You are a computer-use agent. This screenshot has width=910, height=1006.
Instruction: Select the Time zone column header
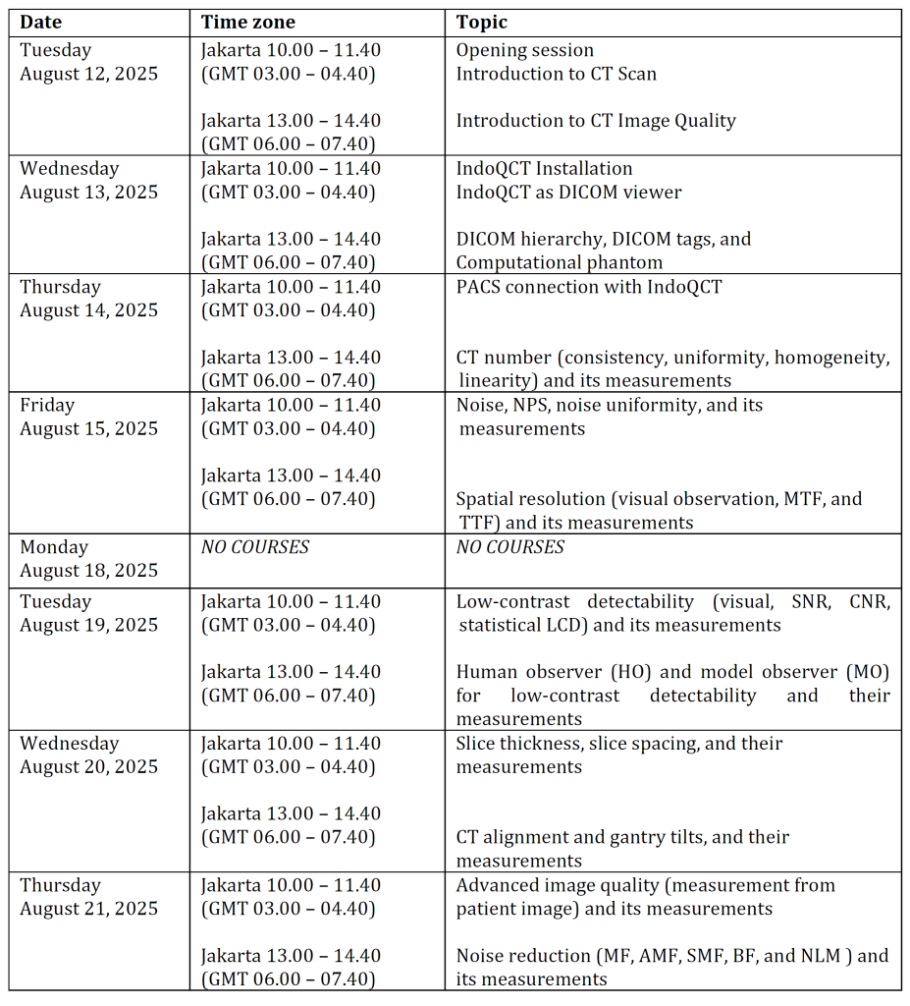point(247,23)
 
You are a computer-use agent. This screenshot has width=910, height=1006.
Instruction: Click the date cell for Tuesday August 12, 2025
point(88,62)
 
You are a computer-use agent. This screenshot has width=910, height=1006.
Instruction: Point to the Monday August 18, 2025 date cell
point(88,559)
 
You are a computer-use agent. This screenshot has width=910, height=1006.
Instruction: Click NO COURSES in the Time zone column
point(255,547)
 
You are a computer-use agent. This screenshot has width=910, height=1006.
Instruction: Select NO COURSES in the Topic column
point(510,547)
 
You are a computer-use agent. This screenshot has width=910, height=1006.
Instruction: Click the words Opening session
point(525,50)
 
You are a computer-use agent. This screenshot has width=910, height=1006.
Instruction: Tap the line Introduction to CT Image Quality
point(596,121)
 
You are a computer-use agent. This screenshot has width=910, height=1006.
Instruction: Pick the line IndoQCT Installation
point(544,168)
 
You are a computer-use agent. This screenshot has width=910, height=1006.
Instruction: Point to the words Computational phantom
point(559,262)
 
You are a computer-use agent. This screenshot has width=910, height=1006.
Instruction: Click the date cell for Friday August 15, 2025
point(88,417)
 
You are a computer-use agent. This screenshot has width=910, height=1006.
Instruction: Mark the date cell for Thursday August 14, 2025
point(88,299)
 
